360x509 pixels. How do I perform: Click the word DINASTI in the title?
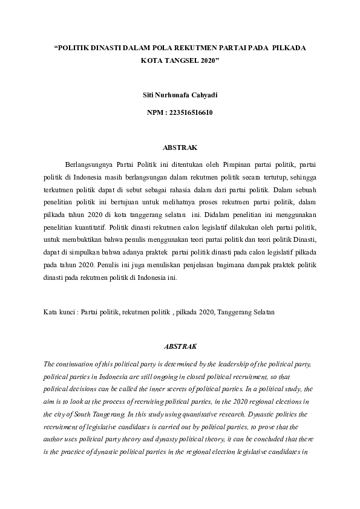coord(105,47)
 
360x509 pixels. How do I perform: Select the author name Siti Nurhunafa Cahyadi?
coord(180,96)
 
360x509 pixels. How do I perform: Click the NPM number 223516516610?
coord(191,112)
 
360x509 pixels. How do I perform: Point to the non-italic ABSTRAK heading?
coord(180,147)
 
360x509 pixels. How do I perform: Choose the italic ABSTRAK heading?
coord(180,346)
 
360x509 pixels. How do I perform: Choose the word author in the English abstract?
coord(57,441)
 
